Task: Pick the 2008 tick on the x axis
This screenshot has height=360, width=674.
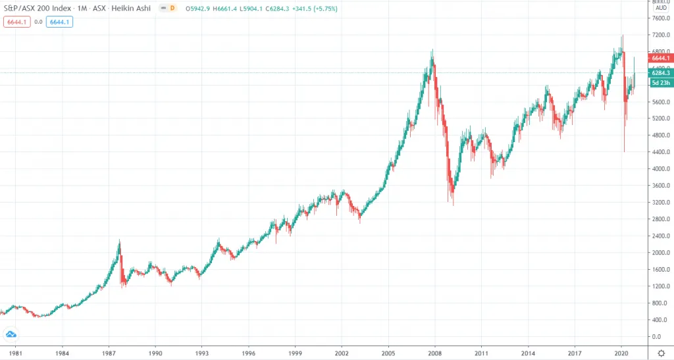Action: [435, 353]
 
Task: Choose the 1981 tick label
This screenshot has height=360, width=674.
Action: [15, 353]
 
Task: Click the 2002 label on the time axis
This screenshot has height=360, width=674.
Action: [342, 353]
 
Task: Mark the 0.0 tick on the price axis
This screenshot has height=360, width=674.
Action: [660, 337]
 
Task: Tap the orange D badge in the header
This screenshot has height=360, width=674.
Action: [172, 8]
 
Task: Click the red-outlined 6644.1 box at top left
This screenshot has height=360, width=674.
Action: [16, 22]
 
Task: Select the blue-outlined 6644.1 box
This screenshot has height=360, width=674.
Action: [59, 22]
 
